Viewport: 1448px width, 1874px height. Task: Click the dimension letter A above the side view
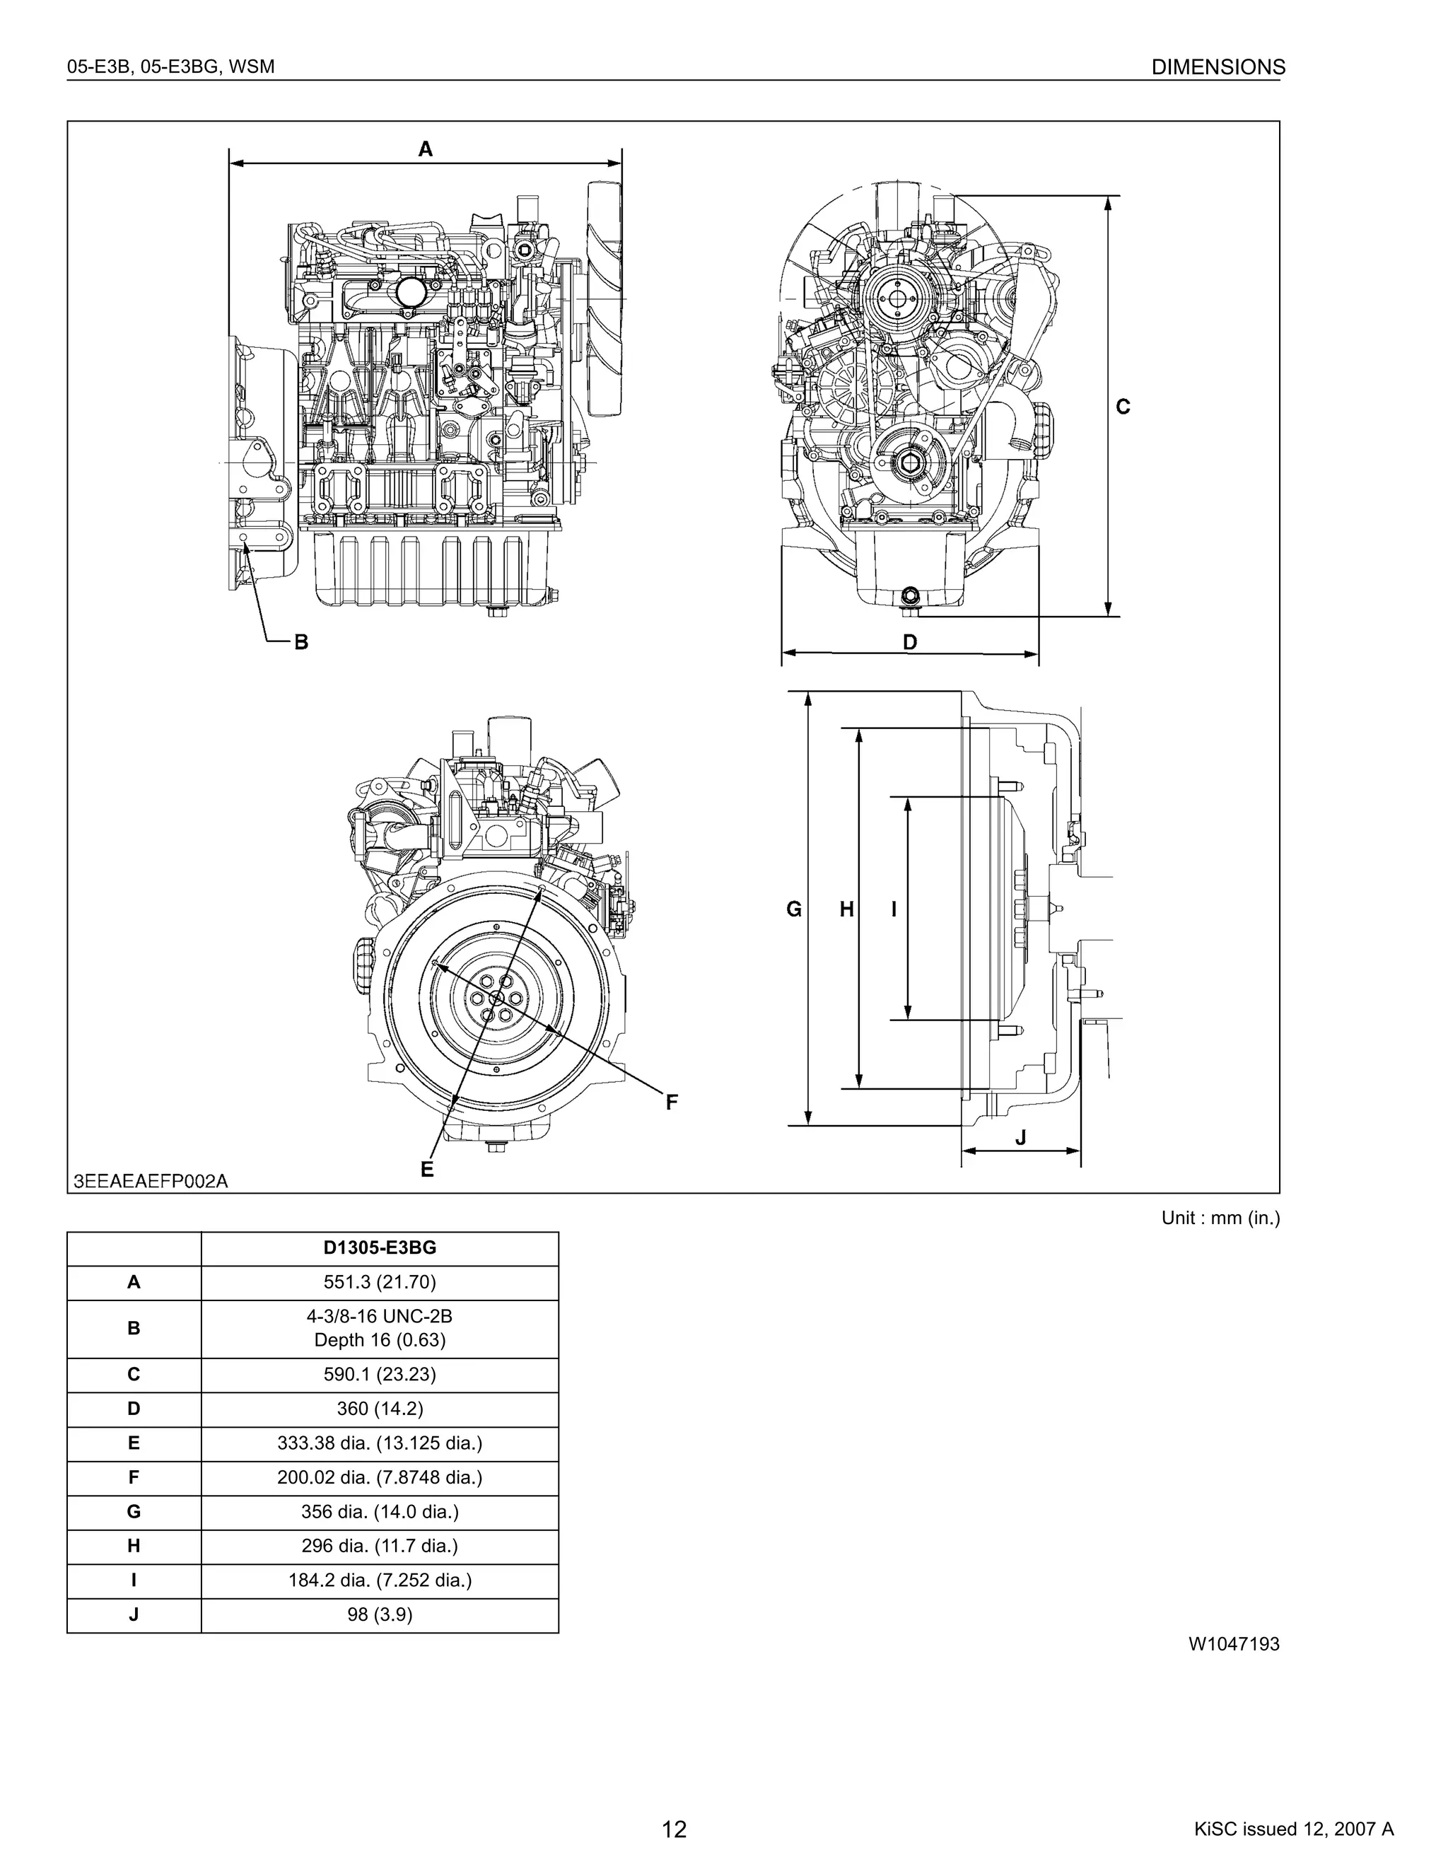[426, 149]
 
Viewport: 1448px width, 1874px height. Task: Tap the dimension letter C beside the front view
[1123, 407]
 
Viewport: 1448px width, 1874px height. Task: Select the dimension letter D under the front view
[910, 642]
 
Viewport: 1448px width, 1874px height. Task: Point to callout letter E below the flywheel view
[427, 1169]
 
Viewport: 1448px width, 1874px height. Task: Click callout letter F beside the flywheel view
[672, 1102]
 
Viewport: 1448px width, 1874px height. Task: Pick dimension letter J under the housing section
[1020, 1138]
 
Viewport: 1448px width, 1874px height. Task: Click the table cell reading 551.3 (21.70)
[379, 1282]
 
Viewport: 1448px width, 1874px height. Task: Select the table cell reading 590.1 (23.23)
[379, 1374]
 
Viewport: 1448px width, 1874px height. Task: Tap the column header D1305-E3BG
[379, 1247]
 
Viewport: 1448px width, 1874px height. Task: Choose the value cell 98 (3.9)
[379, 1614]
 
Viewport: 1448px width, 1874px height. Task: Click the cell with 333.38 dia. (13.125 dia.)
[379, 1443]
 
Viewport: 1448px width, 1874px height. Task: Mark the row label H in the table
[134, 1545]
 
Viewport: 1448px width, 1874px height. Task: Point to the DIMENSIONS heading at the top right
[1218, 67]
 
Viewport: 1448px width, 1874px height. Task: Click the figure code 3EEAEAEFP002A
[151, 1181]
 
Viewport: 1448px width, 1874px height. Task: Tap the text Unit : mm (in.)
[1220, 1218]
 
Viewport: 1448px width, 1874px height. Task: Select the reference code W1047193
[1234, 1644]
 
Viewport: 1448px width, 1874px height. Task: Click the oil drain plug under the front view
[910, 596]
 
